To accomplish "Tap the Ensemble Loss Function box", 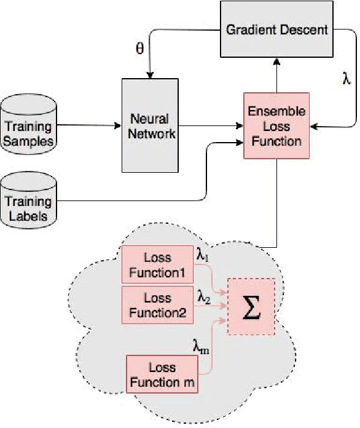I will (274, 126).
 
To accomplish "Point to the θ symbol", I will (139, 49).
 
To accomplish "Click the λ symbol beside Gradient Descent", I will (346, 79).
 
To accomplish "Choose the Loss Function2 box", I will (158, 304).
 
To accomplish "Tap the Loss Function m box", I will (162, 374).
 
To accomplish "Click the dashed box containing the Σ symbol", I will (251, 306).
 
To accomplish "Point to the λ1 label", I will (203, 254).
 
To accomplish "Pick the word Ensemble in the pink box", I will (274, 112).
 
